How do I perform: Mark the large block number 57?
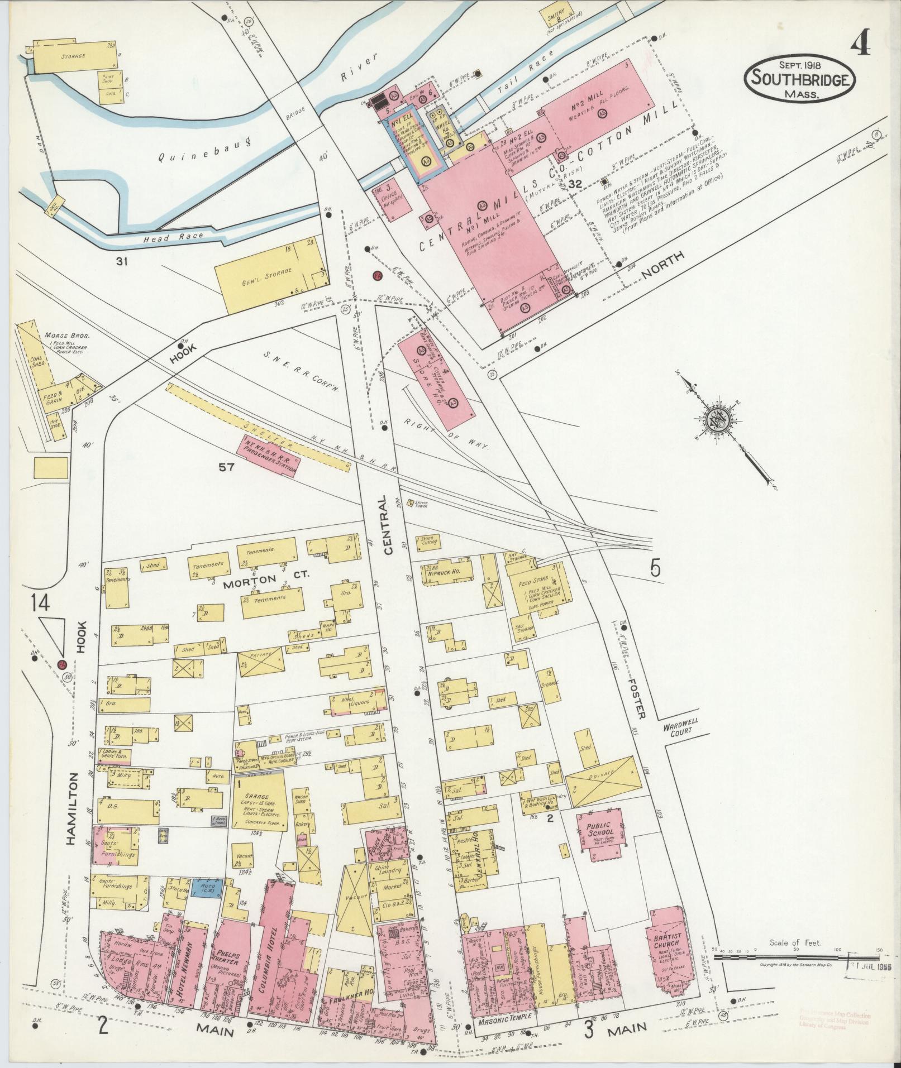[x=226, y=467]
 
